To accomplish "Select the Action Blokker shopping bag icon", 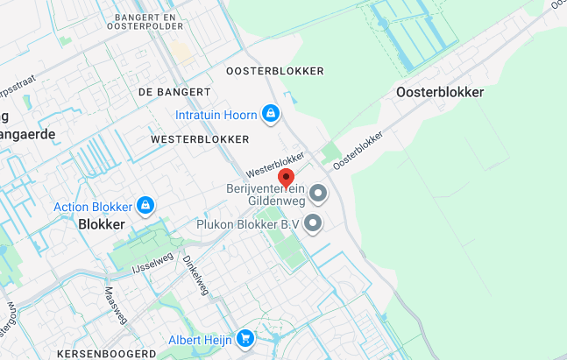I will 145,207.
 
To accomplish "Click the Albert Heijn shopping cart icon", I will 245,337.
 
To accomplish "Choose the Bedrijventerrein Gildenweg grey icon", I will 317,193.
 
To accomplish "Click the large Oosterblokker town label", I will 440,92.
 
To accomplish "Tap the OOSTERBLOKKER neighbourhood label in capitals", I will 274,71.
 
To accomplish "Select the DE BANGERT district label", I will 174,92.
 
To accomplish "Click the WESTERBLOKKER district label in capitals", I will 200,139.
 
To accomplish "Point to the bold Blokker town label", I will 102,224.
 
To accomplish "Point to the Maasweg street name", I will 116,306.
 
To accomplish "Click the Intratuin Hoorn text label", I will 216,115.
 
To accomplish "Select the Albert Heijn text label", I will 201,338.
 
